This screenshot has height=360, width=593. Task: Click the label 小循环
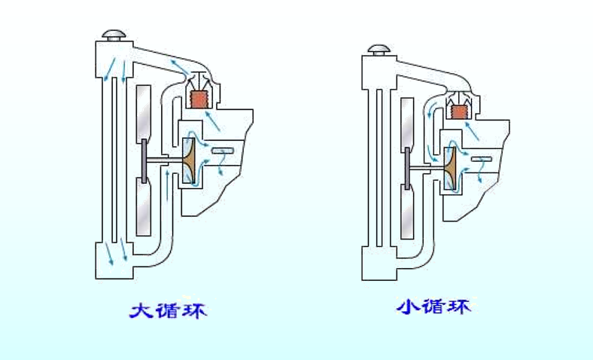coord(436,307)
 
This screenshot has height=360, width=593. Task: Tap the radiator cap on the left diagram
coord(115,35)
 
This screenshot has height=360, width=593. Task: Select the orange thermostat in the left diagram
coord(199,99)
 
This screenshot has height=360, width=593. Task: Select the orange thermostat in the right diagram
coord(457,112)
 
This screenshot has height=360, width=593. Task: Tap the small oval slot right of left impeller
coord(222,151)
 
